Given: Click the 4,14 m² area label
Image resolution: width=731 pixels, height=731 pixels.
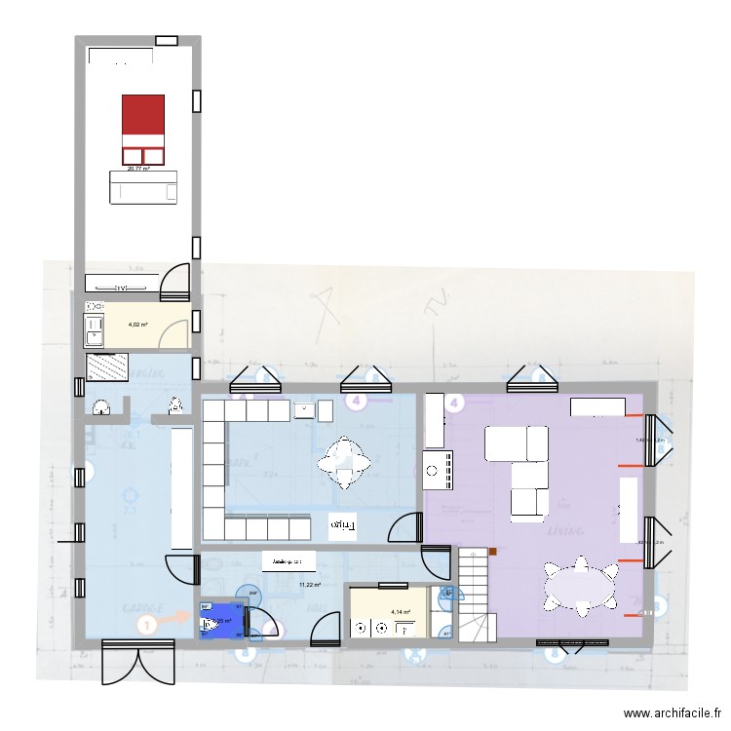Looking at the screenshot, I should (401, 612).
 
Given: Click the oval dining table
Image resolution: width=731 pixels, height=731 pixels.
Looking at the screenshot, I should (582, 586).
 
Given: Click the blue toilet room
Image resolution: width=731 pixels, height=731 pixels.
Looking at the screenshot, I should (222, 620).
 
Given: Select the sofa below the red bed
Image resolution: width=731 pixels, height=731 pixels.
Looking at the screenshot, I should (143, 187).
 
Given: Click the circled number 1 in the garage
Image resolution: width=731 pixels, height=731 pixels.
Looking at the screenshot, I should (146, 625).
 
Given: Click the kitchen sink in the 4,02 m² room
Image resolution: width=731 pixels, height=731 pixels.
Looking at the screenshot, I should (95, 325).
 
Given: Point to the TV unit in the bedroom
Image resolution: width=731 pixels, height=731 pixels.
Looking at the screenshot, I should (121, 285).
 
